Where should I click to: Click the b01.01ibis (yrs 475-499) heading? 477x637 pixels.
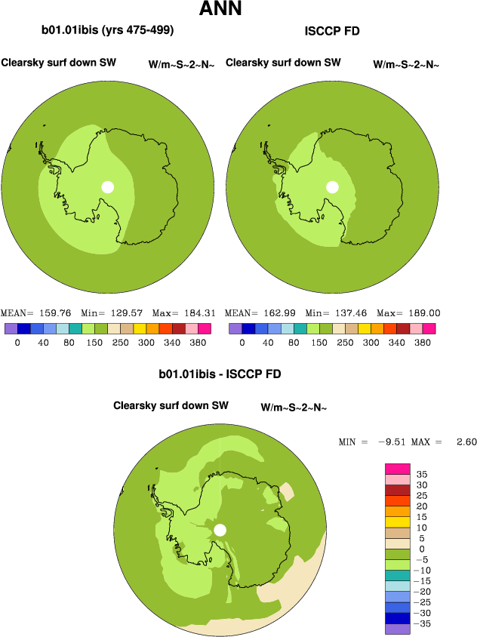pos(108,31)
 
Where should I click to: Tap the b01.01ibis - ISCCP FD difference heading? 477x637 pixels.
pos(220,374)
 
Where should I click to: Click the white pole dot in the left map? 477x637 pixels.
pos(108,186)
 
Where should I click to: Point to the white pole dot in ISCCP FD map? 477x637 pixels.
pos(332,186)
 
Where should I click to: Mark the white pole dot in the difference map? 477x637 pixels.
pos(220,530)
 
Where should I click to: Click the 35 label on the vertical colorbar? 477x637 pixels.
pos(422,473)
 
